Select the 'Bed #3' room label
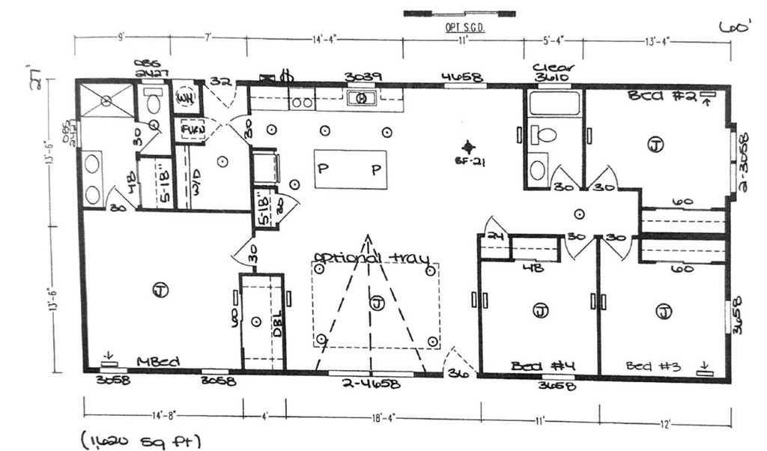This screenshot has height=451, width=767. [653, 366]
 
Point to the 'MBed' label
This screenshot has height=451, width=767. [159, 363]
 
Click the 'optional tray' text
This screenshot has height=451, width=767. [371, 258]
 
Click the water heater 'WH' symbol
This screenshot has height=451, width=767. [185, 100]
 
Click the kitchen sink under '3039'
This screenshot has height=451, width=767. [360, 98]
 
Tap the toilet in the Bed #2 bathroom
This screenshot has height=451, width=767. [545, 135]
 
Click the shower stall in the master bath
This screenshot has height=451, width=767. [106, 100]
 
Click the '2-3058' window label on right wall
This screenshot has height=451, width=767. [743, 161]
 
